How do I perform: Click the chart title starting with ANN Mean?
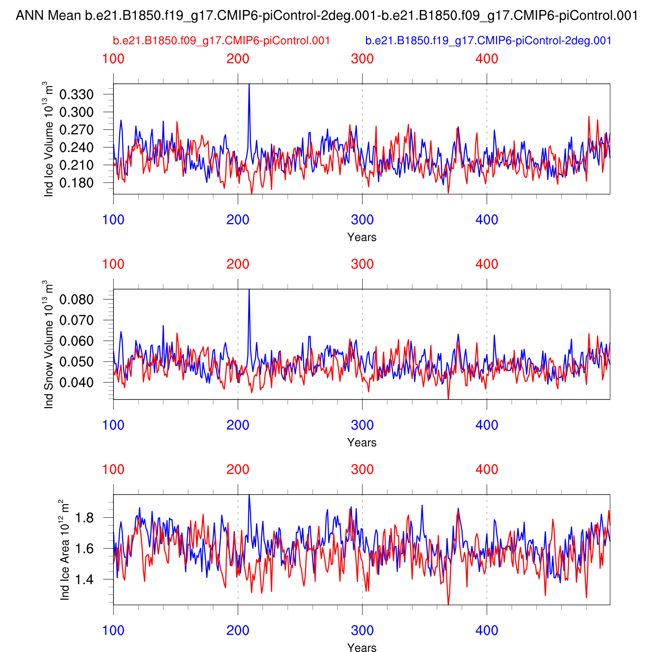(x=326, y=16)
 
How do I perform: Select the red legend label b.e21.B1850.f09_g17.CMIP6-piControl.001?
(x=221, y=41)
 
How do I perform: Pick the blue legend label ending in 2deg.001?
(x=488, y=41)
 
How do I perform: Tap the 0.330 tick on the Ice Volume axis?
(x=77, y=94)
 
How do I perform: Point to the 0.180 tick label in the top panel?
(x=77, y=183)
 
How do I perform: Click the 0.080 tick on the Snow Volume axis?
(x=77, y=299)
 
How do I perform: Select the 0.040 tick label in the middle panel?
(x=77, y=383)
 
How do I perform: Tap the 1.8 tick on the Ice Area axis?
(x=84, y=518)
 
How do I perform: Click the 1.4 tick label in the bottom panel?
(x=84, y=579)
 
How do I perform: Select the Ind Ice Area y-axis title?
(x=64, y=550)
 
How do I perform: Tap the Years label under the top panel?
(x=362, y=237)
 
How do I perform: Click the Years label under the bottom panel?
(x=362, y=648)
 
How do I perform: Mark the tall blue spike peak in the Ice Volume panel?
(x=249, y=84)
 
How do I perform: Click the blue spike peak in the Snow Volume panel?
(x=249, y=290)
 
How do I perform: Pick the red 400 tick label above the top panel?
(x=487, y=59)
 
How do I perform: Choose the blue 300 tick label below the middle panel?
(x=362, y=425)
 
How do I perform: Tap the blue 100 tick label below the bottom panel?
(x=113, y=630)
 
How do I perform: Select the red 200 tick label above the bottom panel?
(x=238, y=469)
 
